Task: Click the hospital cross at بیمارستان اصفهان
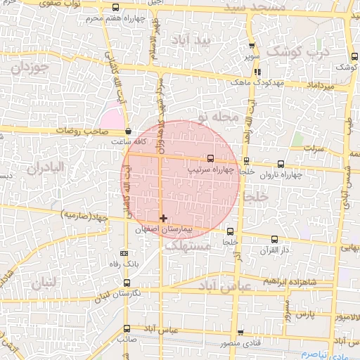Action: tap(164, 219)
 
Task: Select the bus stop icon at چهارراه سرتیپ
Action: tap(211, 158)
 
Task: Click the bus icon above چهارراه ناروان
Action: tap(281, 164)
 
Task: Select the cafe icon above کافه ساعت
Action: tap(127, 131)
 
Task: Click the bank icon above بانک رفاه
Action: tap(124, 253)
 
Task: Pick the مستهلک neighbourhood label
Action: tap(191, 247)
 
